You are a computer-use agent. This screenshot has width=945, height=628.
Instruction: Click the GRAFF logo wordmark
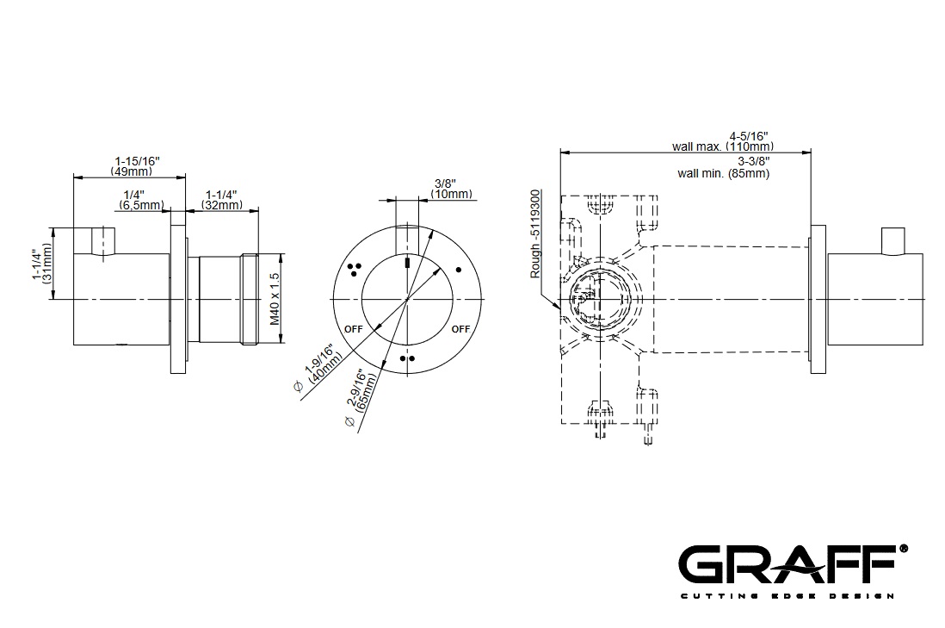coord(789,564)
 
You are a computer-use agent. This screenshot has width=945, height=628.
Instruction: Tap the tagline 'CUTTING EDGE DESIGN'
coord(787,596)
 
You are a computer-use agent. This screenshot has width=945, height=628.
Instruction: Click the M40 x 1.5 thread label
coord(275,299)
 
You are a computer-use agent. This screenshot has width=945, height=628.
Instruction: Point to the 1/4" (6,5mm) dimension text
coord(141,200)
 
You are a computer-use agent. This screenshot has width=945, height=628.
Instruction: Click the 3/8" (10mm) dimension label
coord(451,189)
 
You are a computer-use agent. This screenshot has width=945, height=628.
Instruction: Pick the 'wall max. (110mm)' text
coord(723,146)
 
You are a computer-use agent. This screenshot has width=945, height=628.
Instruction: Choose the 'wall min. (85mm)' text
coord(723,174)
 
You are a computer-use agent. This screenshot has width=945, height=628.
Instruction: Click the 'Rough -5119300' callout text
coord(535,233)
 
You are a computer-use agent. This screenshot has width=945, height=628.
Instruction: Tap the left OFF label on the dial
coord(353,329)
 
